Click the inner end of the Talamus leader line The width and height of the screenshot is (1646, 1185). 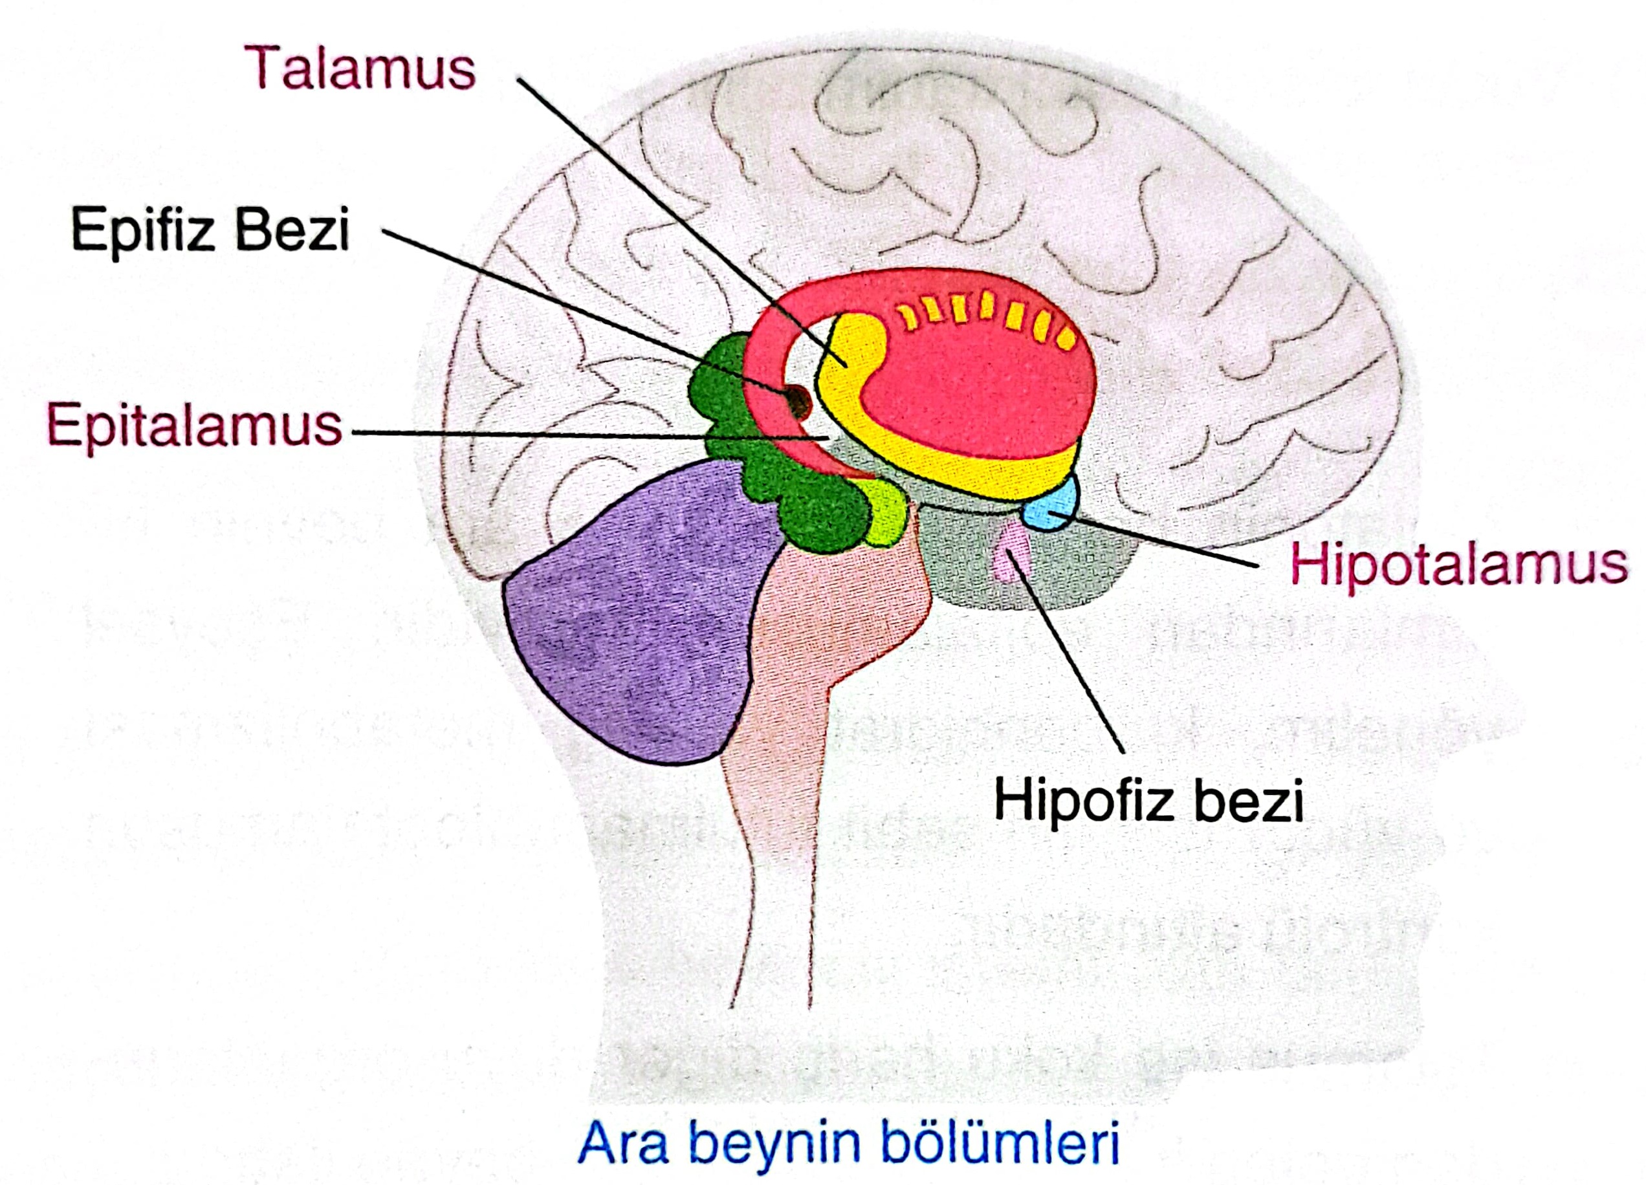tap(845, 362)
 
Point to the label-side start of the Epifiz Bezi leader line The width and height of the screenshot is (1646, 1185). tap(383, 232)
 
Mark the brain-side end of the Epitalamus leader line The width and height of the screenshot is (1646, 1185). tap(828, 439)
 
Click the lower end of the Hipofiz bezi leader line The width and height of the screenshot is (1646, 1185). tap(1123, 752)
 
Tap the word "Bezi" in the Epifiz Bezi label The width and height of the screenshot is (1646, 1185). tap(292, 230)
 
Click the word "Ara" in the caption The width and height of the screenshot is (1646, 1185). tap(622, 1144)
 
